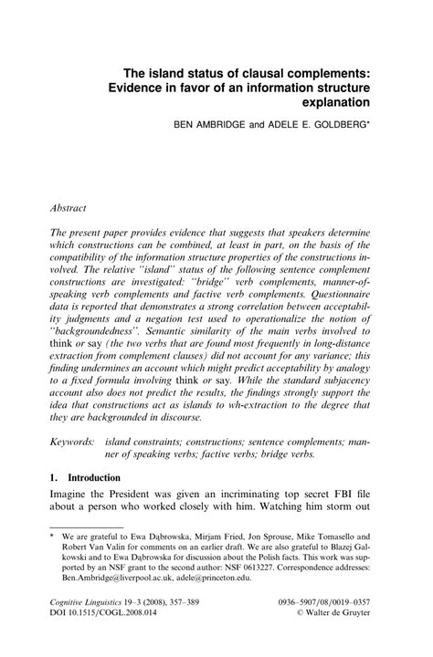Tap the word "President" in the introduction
click(x=129, y=497)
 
